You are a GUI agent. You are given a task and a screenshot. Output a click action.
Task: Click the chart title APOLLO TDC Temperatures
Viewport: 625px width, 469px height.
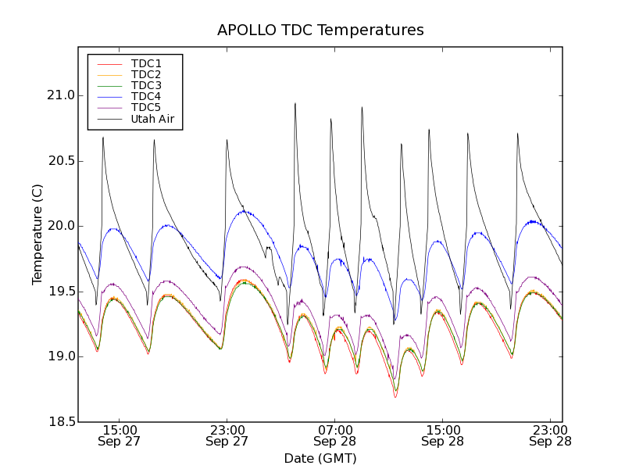[x=320, y=30]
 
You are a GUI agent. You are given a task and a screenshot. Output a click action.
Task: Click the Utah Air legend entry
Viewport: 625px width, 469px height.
[x=152, y=120]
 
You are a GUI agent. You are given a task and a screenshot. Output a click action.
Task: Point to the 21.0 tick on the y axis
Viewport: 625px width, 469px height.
[x=60, y=95]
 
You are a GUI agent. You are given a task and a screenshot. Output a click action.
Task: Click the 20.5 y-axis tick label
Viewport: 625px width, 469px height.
[x=60, y=161]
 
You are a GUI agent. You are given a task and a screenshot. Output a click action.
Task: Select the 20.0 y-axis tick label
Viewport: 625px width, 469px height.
[x=60, y=226]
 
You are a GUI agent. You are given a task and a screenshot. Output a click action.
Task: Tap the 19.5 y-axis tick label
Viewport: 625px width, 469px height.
[x=60, y=292]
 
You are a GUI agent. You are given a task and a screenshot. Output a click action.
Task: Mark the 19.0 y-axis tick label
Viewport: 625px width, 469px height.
[x=60, y=356]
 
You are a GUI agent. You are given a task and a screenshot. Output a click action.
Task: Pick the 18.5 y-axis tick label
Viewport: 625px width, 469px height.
[x=60, y=422]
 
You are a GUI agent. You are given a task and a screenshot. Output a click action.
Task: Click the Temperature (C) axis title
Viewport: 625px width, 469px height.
[x=37, y=234]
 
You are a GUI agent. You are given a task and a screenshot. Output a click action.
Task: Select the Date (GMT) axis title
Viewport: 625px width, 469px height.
[x=320, y=458]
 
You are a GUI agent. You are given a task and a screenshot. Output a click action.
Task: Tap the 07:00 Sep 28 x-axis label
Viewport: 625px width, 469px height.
[x=335, y=435]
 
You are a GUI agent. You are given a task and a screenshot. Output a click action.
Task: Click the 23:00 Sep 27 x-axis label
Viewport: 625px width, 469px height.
[x=227, y=435]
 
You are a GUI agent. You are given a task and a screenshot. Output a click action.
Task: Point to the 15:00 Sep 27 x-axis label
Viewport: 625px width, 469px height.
[x=120, y=435]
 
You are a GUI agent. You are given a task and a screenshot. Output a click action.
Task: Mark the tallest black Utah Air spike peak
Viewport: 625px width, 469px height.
[x=295, y=103]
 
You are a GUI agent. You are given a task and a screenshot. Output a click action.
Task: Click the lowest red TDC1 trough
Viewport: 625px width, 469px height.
[x=395, y=397]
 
